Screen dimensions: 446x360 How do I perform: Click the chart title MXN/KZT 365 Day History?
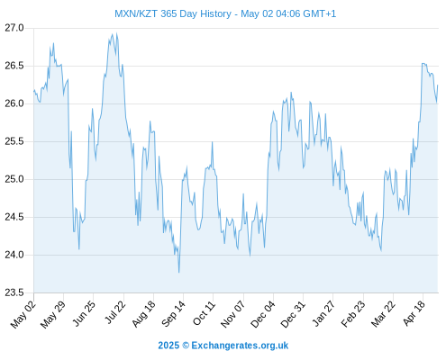pos(173,13)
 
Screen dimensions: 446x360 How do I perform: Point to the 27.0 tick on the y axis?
pos(14,28)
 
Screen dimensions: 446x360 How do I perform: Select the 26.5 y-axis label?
pos(14,66)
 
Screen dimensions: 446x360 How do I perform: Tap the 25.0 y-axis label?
pos(14,179)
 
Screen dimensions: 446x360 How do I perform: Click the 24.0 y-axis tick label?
pos(14,255)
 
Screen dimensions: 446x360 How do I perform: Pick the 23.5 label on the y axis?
pos(14,292)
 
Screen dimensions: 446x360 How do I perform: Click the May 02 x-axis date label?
pos(23,314)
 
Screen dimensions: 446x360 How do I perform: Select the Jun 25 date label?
pos(84,313)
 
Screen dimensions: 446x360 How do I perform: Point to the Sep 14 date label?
pos(173,313)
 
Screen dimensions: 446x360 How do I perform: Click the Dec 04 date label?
pos(263,314)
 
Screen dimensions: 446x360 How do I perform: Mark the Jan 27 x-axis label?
pos(323,313)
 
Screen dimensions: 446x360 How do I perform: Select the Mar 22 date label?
pos(383,314)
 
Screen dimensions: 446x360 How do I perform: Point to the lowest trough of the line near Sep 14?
pos(179,273)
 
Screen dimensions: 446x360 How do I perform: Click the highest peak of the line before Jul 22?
pos(116,33)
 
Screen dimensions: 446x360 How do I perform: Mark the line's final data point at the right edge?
pos(438,85)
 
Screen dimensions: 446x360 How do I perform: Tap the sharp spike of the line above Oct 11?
pos(213,142)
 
